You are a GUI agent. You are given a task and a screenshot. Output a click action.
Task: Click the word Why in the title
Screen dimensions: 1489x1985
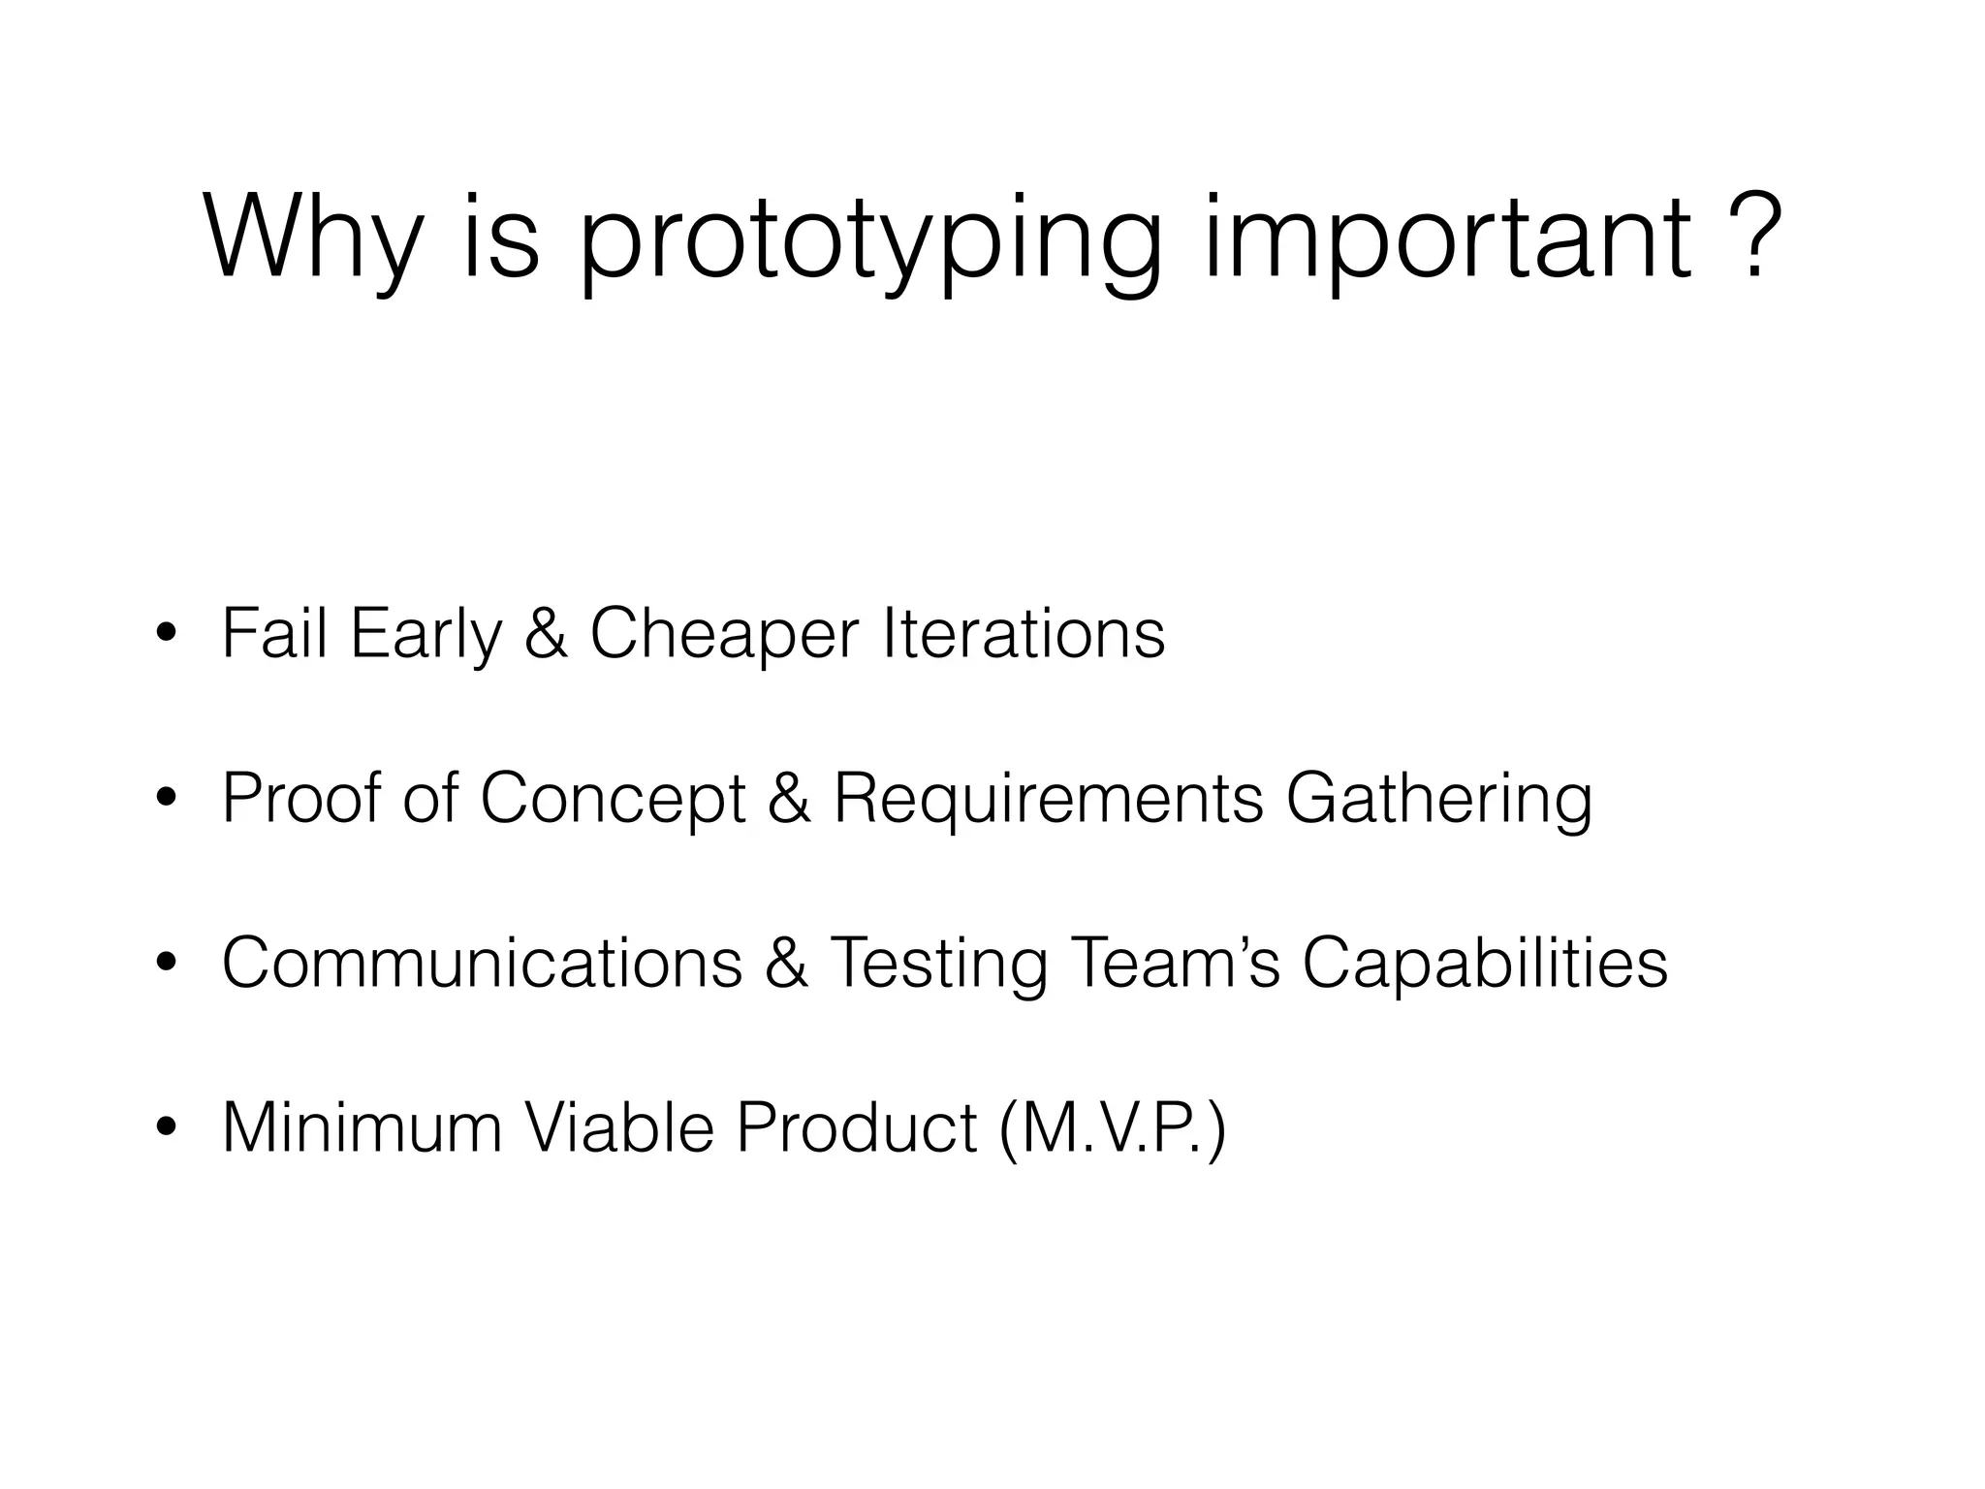pos(313,238)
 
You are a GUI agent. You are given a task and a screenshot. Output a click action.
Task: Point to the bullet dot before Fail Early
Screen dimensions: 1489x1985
pos(167,635)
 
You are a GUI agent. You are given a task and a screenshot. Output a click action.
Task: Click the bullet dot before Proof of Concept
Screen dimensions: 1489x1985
pos(167,800)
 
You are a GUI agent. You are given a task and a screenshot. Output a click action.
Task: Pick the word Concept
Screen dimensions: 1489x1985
pos(613,800)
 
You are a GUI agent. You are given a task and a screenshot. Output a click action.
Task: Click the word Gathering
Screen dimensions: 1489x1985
pos(1438,800)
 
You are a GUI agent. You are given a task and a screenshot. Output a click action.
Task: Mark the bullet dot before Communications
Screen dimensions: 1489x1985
pos(167,965)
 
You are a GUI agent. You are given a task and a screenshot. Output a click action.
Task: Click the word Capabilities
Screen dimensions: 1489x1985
pos(1484,965)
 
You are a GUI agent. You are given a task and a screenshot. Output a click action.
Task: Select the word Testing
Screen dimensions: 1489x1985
pos(938,965)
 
